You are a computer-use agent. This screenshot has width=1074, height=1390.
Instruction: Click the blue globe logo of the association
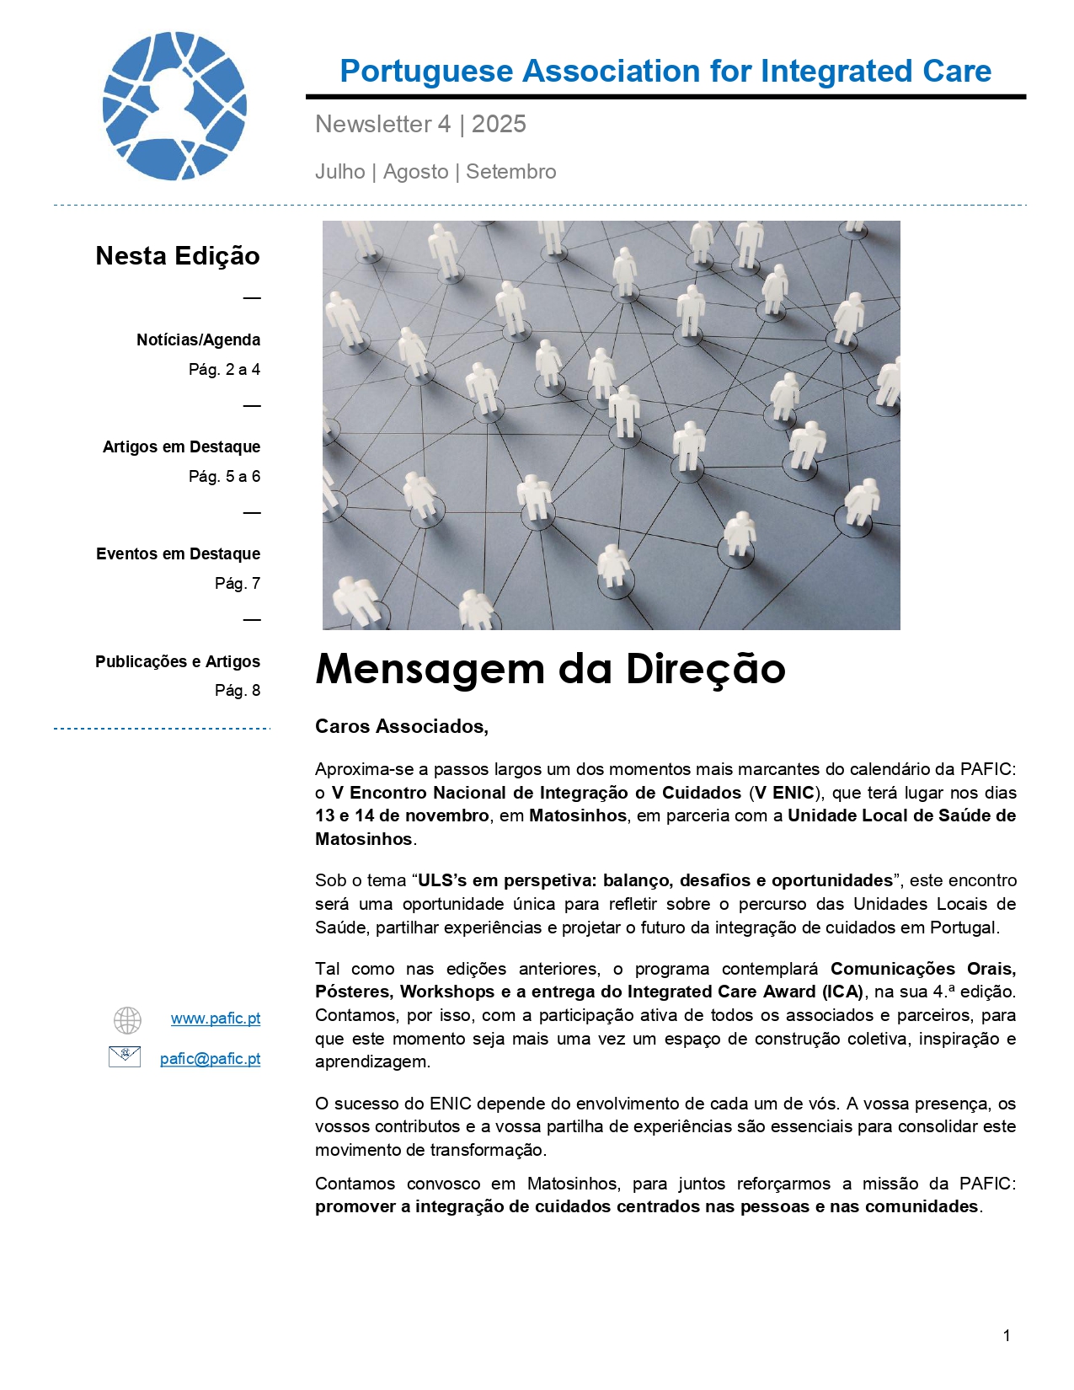(174, 106)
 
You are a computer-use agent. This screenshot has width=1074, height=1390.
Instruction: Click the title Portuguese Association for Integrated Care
(665, 72)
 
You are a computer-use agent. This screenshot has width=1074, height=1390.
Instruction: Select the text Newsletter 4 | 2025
(420, 125)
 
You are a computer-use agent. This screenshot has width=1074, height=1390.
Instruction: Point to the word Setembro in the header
(510, 172)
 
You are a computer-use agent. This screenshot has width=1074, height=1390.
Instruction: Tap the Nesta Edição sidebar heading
(178, 256)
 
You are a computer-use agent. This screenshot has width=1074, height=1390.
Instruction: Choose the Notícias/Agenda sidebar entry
(198, 340)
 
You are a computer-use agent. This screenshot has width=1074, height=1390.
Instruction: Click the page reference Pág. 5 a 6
(224, 477)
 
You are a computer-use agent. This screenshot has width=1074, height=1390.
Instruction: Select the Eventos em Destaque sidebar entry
(178, 554)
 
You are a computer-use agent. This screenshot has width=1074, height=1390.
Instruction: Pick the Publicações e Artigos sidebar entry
(178, 662)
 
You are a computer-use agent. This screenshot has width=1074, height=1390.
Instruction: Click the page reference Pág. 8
(238, 691)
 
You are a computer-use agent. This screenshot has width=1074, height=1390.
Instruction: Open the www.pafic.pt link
(216, 1018)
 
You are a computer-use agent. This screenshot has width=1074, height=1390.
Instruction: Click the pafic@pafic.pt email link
(210, 1059)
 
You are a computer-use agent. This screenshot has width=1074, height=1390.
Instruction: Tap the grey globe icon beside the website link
(127, 1020)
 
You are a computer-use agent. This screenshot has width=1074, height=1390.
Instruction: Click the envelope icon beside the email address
(125, 1056)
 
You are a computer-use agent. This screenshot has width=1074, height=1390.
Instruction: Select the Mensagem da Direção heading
(550, 670)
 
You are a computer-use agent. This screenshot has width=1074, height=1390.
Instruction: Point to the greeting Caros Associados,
(402, 727)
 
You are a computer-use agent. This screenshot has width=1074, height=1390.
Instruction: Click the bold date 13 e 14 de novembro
(402, 815)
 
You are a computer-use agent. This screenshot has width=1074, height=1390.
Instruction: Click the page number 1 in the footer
(1007, 1335)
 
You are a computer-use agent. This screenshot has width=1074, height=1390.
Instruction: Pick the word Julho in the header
(340, 172)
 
